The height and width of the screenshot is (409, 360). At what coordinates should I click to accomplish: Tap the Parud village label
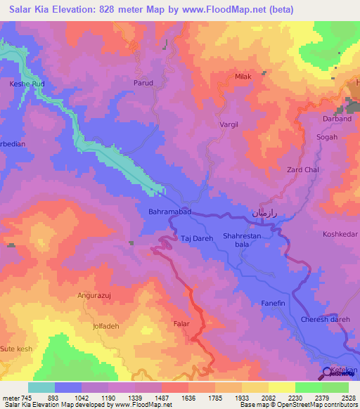143,82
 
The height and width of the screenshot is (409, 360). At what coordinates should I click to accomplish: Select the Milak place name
243,77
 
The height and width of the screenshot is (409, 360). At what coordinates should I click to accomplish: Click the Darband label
337,119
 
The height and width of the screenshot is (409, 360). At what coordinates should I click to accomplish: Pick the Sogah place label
327,137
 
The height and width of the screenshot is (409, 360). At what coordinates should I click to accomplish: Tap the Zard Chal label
304,170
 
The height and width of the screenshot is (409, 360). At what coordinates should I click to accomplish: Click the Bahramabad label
169,211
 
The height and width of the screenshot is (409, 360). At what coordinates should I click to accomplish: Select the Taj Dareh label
196,238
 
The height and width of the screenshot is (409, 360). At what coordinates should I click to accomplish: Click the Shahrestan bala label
242,241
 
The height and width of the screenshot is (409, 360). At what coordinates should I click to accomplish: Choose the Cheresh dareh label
325,320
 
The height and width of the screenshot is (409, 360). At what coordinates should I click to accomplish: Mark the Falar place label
181,324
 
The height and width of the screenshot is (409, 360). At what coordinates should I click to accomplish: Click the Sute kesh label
16,348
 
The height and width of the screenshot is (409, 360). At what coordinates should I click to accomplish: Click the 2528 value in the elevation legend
347,398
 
